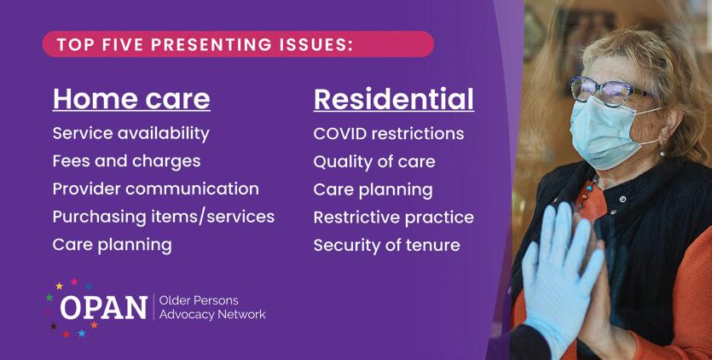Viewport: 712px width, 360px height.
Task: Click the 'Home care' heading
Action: (131, 99)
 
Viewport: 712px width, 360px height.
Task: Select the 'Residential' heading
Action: (394, 99)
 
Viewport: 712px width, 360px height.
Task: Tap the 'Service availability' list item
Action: (130, 134)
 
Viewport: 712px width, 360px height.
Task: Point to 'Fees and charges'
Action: (126, 161)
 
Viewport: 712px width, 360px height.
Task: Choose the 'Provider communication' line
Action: (156, 189)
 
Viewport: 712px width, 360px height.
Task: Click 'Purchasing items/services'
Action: (164, 217)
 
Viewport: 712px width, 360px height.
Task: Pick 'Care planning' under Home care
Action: (113, 245)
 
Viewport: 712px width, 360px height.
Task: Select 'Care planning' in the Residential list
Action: (373, 190)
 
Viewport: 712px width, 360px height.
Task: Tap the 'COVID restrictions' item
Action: (389, 134)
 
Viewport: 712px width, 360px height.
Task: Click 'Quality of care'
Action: (374, 162)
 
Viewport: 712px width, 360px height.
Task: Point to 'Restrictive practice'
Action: (394, 218)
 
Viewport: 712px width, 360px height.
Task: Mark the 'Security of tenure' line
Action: (387, 246)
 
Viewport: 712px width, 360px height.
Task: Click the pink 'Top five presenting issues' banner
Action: (238, 44)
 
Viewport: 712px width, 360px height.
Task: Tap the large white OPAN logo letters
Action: (104, 308)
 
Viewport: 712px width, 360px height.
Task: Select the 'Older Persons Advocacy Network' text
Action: (212, 307)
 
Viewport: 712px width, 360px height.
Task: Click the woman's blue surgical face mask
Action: (608, 132)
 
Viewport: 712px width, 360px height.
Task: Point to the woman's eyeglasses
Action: (609, 91)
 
